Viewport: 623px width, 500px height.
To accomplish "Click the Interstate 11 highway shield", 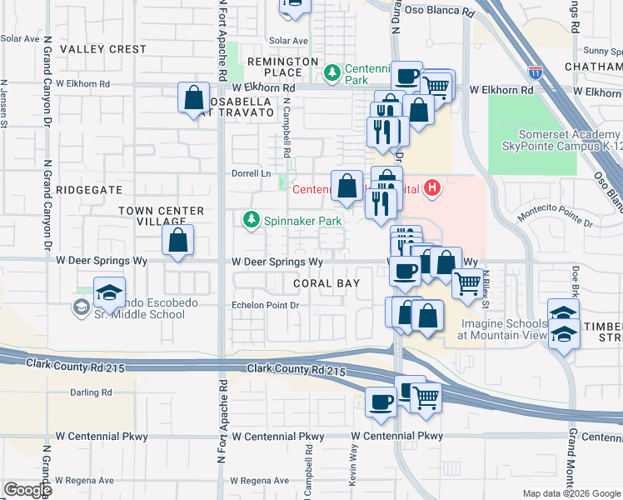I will [x=536, y=74].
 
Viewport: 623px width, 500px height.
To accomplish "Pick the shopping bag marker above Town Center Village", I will [x=178, y=242].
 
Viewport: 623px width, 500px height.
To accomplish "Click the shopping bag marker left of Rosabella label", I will [x=193, y=98].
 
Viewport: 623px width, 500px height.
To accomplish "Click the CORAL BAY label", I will [x=326, y=283].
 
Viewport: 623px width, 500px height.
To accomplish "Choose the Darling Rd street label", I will [x=91, y=392].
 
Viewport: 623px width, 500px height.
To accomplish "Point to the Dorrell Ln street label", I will [x=252, y=173].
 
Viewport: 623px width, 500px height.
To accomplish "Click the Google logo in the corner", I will [x=27, y=489].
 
